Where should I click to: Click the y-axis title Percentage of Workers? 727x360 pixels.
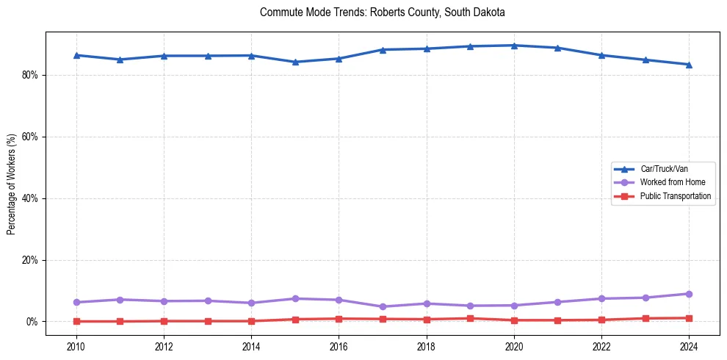(12, 184)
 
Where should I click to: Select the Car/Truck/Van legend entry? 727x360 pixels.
(664, 169)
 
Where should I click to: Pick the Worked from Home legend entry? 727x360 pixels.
(672, 182)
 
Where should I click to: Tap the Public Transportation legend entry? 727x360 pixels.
(675, 196)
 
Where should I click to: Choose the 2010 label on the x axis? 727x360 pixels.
(76, 345)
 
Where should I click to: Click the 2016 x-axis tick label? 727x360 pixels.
(339, 345)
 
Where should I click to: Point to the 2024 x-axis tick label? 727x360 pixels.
(689, 345)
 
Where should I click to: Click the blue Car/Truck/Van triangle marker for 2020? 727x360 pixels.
(514, 46)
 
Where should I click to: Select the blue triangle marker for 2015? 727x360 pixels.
(295, 62)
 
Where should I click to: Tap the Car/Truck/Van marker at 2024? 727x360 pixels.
(689, 65)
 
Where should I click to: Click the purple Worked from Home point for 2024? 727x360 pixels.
(689, 294)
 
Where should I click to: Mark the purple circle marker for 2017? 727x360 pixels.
(383, 306)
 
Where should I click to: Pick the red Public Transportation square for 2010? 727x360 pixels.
(76, 321)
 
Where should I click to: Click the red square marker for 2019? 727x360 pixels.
(470, 318)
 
